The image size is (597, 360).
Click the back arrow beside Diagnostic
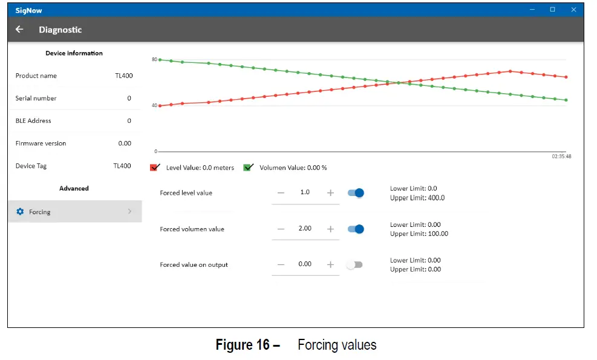point(19,30)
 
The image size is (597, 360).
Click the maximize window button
point(552,10)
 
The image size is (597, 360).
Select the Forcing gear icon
point(20,212)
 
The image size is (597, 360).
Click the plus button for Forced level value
point(330,193)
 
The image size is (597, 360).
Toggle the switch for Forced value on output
point(354,264)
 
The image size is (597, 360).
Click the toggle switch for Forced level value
point(356,193)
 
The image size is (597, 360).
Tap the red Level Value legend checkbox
point(155,168)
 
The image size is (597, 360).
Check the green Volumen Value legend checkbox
point(248,168)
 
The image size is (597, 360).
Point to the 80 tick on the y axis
point(154,59)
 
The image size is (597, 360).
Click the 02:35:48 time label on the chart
point(561,156)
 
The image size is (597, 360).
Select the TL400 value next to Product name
point(123,76)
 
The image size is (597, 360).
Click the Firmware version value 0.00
point(125,143)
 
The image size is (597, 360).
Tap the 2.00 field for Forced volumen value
point(305,229)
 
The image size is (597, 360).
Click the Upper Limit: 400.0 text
point(417,198)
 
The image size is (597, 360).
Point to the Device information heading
point(74,53)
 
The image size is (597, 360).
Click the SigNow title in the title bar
point(29,10)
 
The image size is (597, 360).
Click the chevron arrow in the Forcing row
point(129,212)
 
